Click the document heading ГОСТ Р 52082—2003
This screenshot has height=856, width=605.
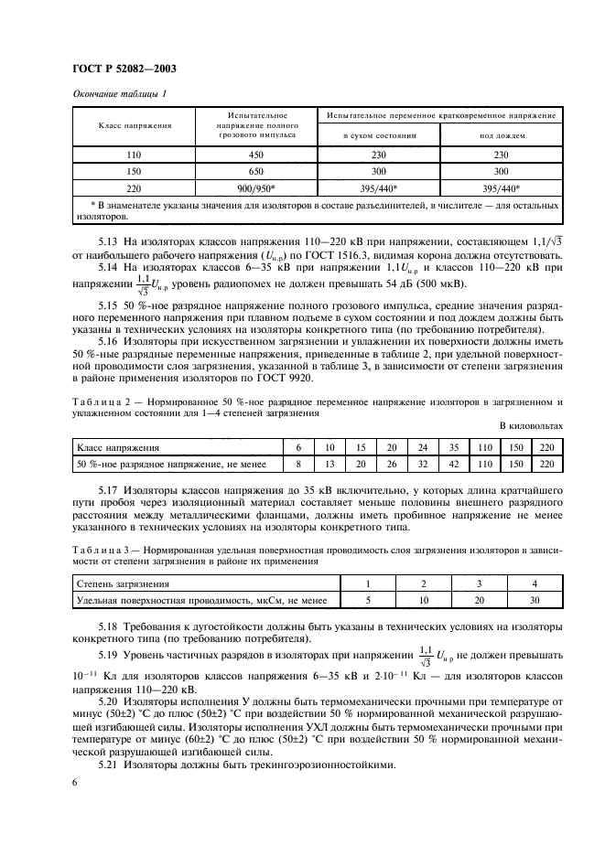(x=124, y=69)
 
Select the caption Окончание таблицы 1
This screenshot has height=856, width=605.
(x=119, y=95)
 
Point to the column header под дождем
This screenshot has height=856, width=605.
(x=500, y=134)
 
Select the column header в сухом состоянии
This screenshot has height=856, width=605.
(x=379, y=134)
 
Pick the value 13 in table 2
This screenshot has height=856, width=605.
(x=330, y=465)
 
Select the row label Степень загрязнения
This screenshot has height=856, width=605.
(x=119, y=583)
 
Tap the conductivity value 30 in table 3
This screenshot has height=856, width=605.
(x=534, y=600)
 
